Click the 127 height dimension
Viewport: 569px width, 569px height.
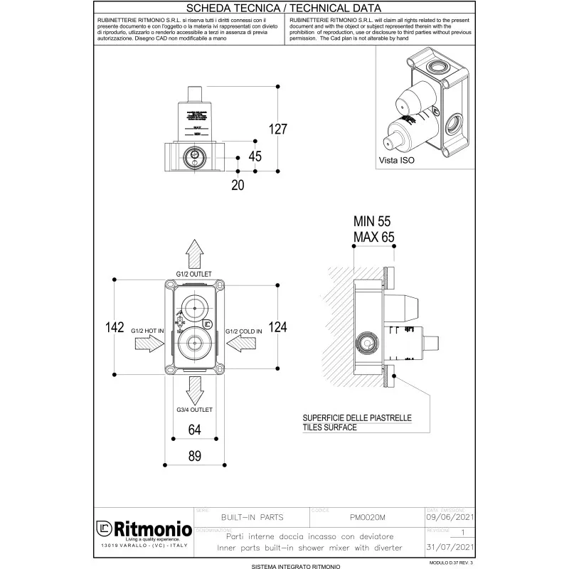pyautogui.click(x=277, y=129)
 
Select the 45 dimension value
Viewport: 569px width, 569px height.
pyautogui.click(x=255, y=156)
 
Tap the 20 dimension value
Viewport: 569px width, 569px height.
pyautogui.click(x=237, y=184)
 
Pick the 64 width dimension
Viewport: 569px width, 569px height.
pyautogui.click(x=195, y=429)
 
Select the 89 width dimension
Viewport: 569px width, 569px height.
pyautogui.click(x=195, y=457)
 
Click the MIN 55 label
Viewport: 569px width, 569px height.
pyautogui.click(x=373, y=222)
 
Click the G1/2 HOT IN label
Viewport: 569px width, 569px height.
pyautogui.click(x=148, y=331)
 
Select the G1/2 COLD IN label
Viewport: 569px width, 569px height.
pyautogui.click(x=244, y=331)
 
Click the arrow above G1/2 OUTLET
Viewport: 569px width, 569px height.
pyautogui.click(x=195, y=253)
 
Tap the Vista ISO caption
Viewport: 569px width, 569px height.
pyautogui.click(x=397, y=161)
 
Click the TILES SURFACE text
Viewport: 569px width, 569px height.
pyautogui.click(x=329, y=428)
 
